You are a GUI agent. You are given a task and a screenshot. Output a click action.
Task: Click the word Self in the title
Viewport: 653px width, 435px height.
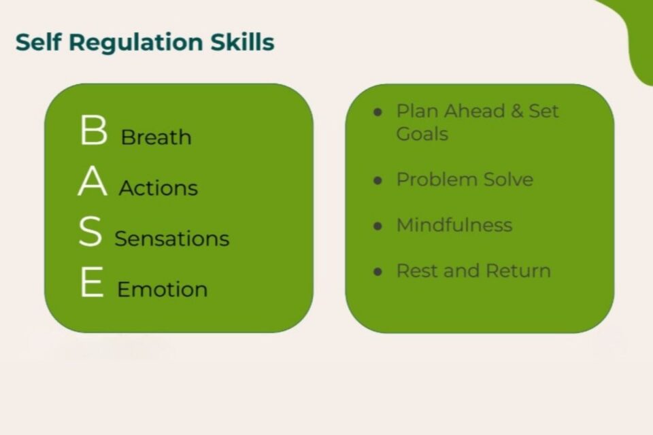pyautogui.click(x=38, y=42)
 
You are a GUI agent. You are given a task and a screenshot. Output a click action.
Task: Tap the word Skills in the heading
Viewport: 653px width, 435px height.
pyautogui.click(x=246, y=42)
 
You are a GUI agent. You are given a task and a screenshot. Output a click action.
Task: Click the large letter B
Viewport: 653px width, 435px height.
pyautogui.click(x=93, y=130)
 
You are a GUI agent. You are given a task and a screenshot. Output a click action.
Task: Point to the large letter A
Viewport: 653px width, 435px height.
pyautogui.click(x=93, y=181)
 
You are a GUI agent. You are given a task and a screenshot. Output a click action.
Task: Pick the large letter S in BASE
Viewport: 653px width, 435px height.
pyautogui.click(x=90, y=232)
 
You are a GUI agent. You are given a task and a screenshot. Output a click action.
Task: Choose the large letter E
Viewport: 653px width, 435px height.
pyautogui.click(x=92, y=283)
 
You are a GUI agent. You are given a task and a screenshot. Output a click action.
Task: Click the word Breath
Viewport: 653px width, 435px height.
pyautogui.click(x=156, y=137)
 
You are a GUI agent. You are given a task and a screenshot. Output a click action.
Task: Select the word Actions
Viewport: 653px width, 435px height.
pyautogui.click(x=158, y=188)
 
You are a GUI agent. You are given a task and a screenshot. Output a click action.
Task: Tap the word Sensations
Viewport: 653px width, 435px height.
pyautogui.click(x=171, y=239)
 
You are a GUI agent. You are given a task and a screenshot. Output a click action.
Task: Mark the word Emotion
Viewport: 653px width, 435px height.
pyautogui.click(x=162, y=290)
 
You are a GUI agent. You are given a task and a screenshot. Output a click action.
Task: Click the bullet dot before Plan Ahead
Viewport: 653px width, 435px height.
pyautogui.click(x=378, y=112)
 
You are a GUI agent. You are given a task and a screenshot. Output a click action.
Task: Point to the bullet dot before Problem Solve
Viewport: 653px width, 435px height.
pyautogui.click(x=378, y=181)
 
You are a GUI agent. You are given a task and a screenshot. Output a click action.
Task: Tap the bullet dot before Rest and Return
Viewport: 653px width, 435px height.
pyautogui.click(x=378, y=272)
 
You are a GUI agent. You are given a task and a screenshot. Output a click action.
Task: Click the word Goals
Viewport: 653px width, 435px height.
pyautogui.click(x=422, y=134)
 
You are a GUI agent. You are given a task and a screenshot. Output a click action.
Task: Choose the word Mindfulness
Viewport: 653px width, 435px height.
pyautogui.click(x=454, y=225)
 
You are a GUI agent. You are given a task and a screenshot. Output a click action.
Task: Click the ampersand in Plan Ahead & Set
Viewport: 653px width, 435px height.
pyautogui.click(x=517, y=111)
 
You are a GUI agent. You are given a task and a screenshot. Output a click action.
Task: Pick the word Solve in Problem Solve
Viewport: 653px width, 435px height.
pyautogui.click(x=508, y=179)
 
